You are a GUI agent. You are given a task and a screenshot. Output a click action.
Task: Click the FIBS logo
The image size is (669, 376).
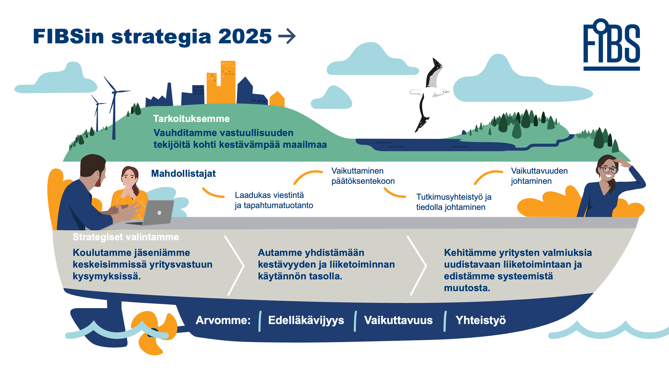coord(612,44)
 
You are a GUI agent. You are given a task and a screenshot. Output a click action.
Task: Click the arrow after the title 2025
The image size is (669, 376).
coord(287,36)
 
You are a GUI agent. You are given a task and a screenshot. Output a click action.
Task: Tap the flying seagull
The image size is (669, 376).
coord(429,94)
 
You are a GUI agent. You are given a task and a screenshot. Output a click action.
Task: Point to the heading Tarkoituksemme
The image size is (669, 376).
coord(191,119)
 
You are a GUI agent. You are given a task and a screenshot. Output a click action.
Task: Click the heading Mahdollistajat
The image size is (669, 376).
coord(183,173)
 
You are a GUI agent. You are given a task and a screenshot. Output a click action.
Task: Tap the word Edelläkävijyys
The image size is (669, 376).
coord(306,320)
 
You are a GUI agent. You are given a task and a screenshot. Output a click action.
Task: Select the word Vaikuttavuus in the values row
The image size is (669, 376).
coord(398,320)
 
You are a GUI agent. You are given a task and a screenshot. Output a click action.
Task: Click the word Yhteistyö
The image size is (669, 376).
coord(481,320)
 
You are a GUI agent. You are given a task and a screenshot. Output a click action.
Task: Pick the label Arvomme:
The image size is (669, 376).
coord(223,320)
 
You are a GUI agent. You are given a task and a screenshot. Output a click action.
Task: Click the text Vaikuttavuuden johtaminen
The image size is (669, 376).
coord(539,176)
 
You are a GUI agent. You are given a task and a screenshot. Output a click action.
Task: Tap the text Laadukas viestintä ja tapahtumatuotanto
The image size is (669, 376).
coord(274,200)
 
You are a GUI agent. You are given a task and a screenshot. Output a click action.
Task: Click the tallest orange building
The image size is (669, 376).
coord(228,82)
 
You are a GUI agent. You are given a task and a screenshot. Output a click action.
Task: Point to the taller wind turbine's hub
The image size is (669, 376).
coord(114,92)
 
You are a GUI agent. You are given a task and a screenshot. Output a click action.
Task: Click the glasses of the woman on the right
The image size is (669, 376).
coord(609,170)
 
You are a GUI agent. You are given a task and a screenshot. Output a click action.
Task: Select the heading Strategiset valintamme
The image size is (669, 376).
coord(126,237)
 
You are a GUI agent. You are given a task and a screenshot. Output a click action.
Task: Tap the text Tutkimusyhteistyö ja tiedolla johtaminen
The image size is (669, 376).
coord(454,202)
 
